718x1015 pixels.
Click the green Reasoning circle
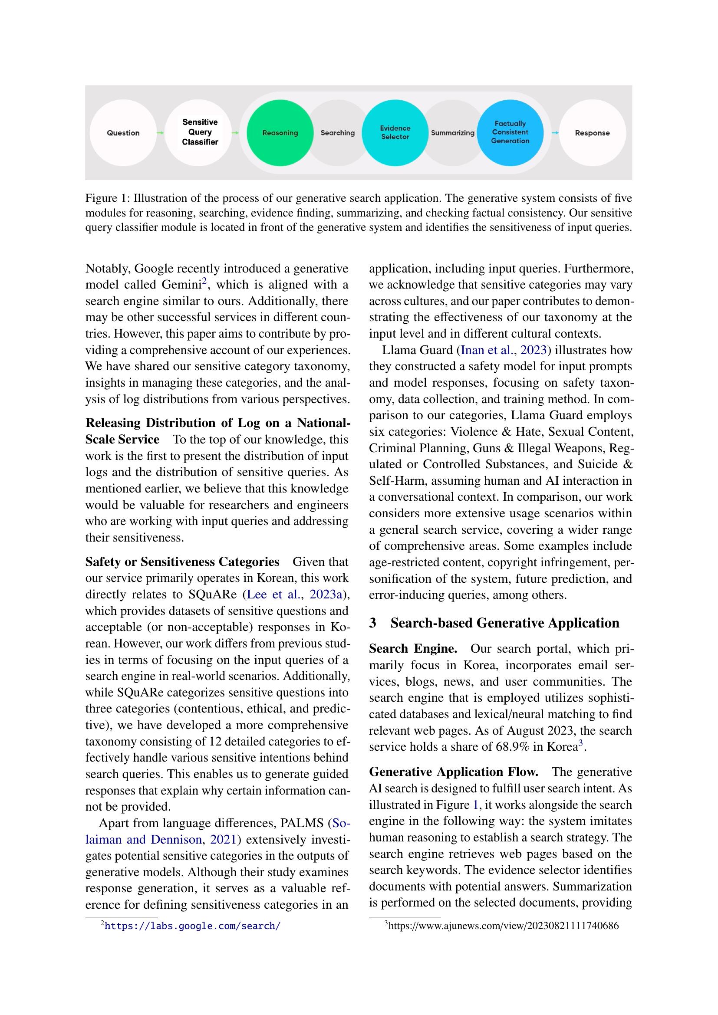(x=280, y=133)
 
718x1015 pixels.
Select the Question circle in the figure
(x=123, y=133)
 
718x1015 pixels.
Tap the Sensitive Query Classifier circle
(x=200, y=132)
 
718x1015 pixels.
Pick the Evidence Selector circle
(x=395, y=133)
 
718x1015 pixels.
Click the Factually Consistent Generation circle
(x=510, y=132)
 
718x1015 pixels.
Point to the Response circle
(x=592, y=133)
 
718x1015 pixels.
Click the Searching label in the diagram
(x=337, y=133)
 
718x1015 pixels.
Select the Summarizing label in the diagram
(x=452, y=133)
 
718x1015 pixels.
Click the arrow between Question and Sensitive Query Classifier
(x=161, y=133)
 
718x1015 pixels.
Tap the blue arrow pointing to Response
(x=555, y=133)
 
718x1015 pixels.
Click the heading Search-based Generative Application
(x=504, y=623)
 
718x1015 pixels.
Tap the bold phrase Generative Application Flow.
(x=454, y=772)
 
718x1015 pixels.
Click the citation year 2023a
(x=326, y=595)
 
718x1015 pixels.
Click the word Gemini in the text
(x=182, y=285)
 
